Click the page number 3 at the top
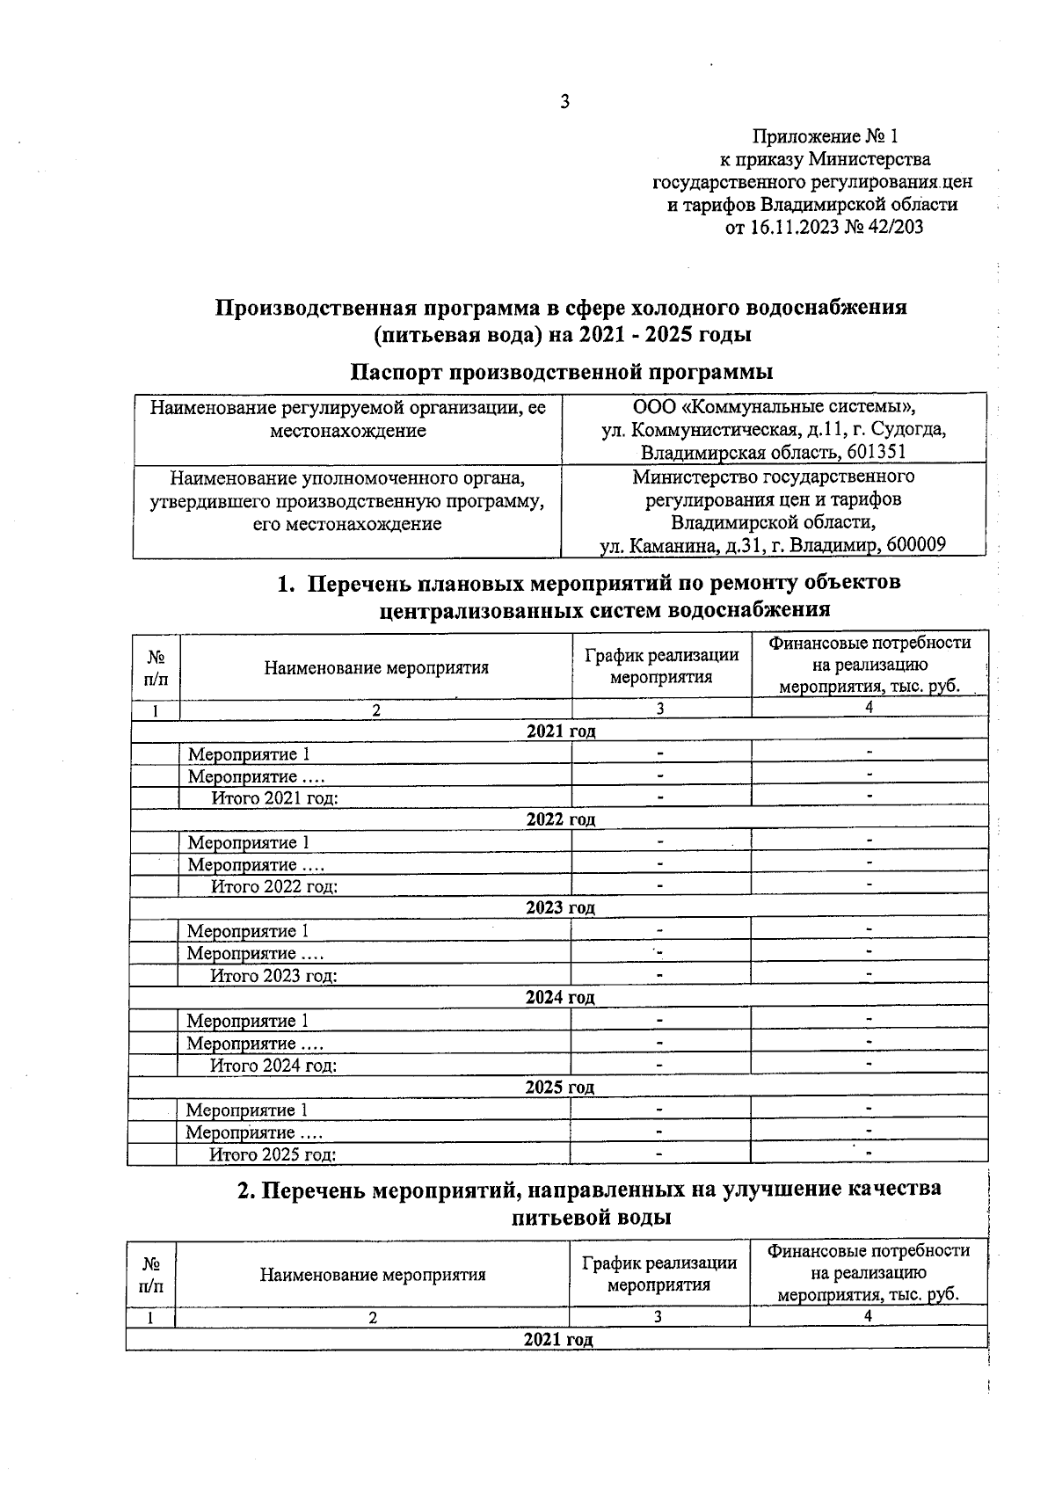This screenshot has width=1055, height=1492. pyautogui.click(x=564, y=102)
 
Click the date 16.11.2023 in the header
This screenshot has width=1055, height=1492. pyautogui.click(x=789, y=228)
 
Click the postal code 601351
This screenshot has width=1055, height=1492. pyautogui.click(x=871, y=453)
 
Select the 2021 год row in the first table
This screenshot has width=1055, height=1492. pyautogui.click(x=560, y=731)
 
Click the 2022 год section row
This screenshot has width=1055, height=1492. pyautogui.click(x=560, y=819)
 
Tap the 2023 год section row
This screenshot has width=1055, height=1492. pyautogui.click(x=560, y=907)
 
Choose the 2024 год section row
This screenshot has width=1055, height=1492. pyautogui.click(x=560, y=998)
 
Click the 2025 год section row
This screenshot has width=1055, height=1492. pyautogui.click(x=560, y=1088)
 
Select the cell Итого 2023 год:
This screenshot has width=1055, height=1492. pyautogui.click(x=273, y=976)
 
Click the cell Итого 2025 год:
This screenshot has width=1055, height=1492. pyautogui.click(x=273, y=1155)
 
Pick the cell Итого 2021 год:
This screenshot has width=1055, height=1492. pyautogui.click(x=274, y=798)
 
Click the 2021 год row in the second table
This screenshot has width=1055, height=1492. pyautogui.click(x=557, y=1340)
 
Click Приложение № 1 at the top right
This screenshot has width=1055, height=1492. pyautogui.click(x=825, y=136)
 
